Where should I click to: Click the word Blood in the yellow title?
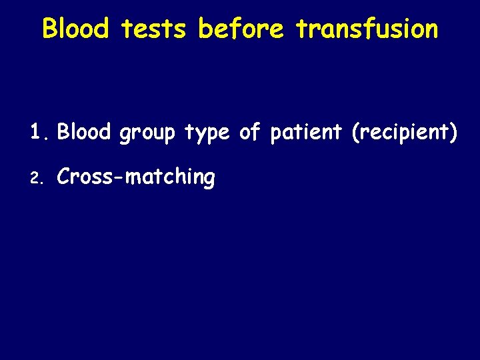coord(75,29)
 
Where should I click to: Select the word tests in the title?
coord(155,29)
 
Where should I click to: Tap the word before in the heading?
coord(242,29)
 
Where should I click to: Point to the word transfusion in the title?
coord(367,29)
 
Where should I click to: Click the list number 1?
coord(36,132)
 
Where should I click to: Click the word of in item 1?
coord(249,132)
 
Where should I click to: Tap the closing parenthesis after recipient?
coord(453,133)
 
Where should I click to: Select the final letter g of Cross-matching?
coord(209,181)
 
